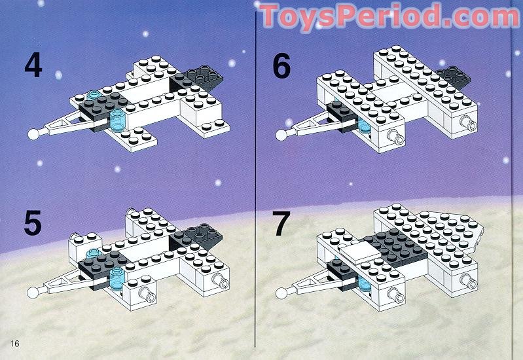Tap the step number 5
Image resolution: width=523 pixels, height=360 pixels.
(x=33, y=223)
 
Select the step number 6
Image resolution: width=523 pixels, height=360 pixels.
(x=281, y=67)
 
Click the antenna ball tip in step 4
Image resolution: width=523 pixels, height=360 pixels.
(x=34, y=134)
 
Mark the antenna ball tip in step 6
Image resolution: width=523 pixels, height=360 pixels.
(x=281, y=134)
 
